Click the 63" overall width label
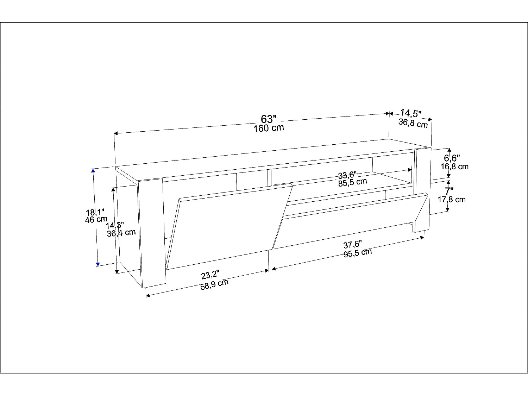pyautogui.click(x=269, y=119)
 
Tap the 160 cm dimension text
pyautogui.click(x=269, y=128)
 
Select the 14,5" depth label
pyautogui.click(x=411, y=113)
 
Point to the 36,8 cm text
pyautogui.click(x=413, y=123)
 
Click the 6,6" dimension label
pyautogui.click(x=452, y=158)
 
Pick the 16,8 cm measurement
pyautogui.click(x=454, y=166)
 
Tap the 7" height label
pyautogui.click(x=449, y=191)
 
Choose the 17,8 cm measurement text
pyautogui.click(x=452, y=199)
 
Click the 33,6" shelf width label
pyautogui.click(x=347, y=175)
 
